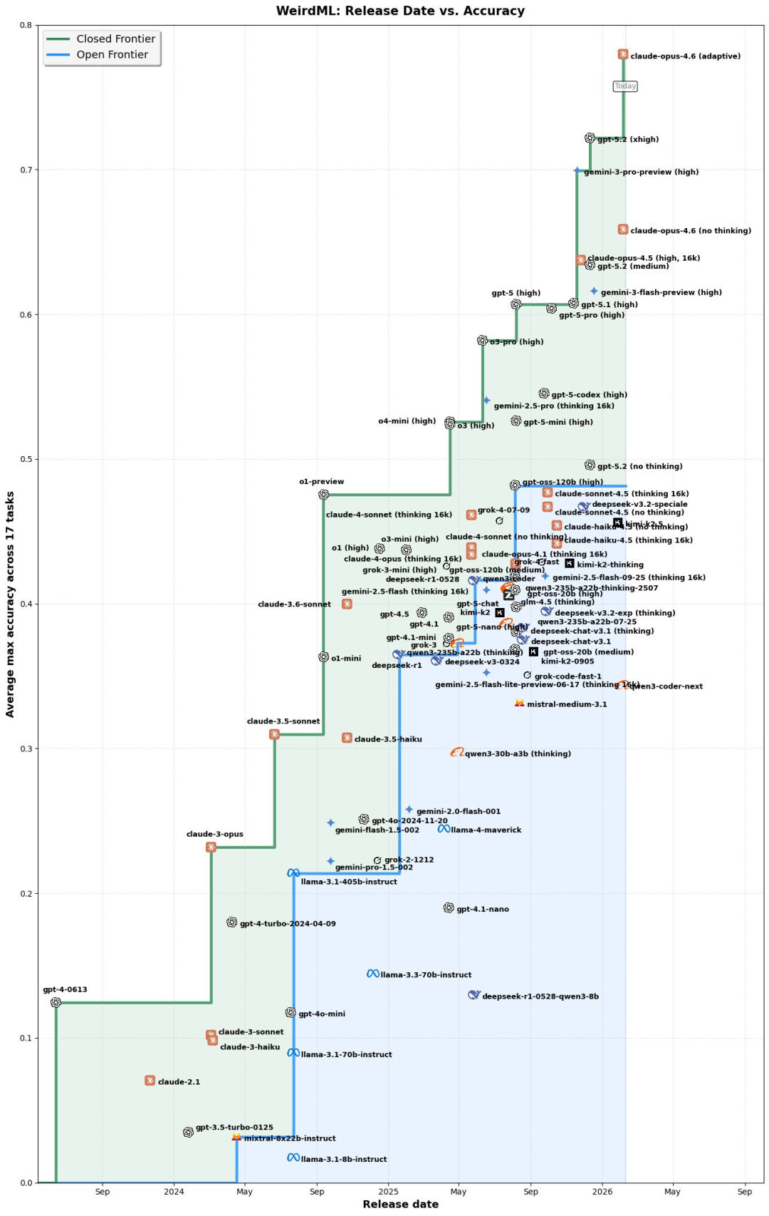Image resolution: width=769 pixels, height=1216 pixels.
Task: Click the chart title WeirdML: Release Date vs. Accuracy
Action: coord(400,11)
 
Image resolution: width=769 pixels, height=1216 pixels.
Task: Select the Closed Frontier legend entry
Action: coord(115,39)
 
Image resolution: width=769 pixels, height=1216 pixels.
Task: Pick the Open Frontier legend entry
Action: coord(112,55)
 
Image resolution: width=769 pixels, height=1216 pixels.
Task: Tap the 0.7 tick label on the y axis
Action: coord(25,170)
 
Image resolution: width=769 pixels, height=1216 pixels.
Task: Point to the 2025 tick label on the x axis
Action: coord(388,1191)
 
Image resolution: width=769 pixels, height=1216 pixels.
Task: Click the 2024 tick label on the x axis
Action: coord(174,1191)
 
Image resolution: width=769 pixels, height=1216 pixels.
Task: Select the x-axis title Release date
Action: coord(400,1205)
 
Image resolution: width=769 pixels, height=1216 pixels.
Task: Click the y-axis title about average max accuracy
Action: coord(10,604)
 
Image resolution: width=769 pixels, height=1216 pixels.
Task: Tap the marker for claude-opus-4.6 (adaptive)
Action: coord(623,55)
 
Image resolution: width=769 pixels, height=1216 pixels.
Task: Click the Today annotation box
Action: coord(625,86)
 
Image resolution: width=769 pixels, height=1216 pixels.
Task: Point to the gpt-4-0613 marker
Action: coord(56,1002)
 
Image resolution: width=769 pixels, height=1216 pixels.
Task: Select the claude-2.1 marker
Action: coord(150,1081)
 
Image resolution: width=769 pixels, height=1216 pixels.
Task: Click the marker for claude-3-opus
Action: coord(211,847)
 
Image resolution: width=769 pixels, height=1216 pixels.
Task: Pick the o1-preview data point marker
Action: coord(323,495)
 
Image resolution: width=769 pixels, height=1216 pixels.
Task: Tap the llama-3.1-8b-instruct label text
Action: coord(344,1160)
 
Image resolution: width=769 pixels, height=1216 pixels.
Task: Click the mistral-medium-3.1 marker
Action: coord(520,704)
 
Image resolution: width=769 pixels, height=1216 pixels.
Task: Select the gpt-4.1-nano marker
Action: coord(449,908)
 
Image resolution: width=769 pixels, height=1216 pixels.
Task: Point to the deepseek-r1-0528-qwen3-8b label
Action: coord(540,996)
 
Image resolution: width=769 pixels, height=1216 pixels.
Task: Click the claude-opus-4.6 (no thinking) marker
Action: coord(623,230)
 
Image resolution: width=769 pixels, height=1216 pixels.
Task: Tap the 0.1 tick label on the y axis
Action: coord(25,1039)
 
